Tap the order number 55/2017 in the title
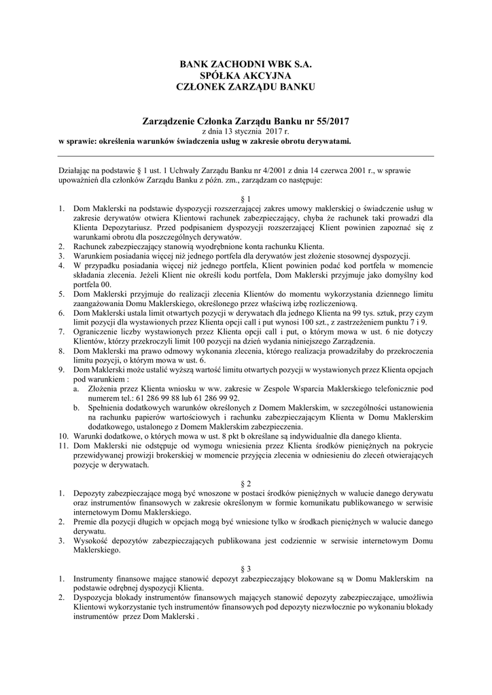329,121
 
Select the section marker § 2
245,482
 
